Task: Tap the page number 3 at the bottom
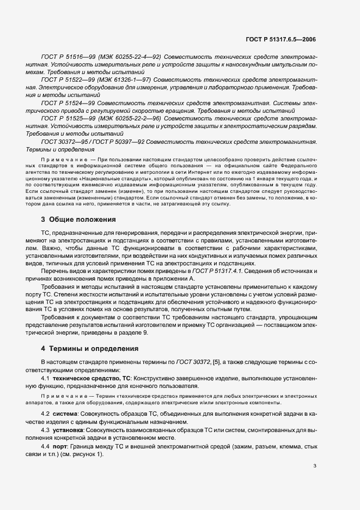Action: [315, 481]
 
